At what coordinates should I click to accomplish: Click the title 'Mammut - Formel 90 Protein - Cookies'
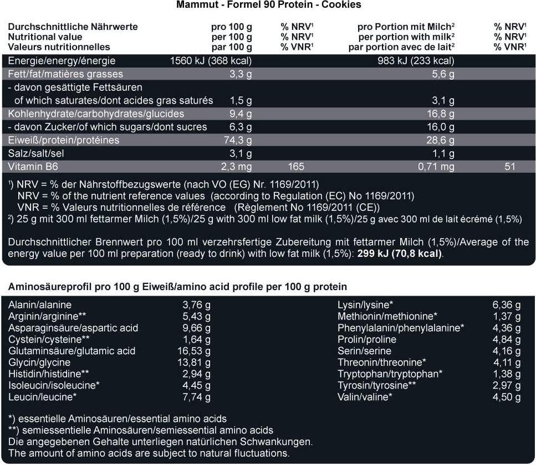(x=268, y=5)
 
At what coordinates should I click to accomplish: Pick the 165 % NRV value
(x=297, y=167)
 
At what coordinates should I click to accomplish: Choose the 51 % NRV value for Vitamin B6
(x=510, y=167)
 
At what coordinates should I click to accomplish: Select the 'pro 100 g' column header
(x=232, y=27)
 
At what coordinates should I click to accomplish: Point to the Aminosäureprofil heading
(x=177, y=287)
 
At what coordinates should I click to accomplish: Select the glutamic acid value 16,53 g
(x=197, y=351)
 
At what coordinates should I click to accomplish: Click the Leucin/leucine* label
(x=42, y=397)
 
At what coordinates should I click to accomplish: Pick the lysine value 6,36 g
(x=507, y=305)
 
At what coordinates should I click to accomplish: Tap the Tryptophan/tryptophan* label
(x=390, y=374)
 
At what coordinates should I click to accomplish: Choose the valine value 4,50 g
(x=507, y=397)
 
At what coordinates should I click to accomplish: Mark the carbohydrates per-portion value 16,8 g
(x=443, y=114)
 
